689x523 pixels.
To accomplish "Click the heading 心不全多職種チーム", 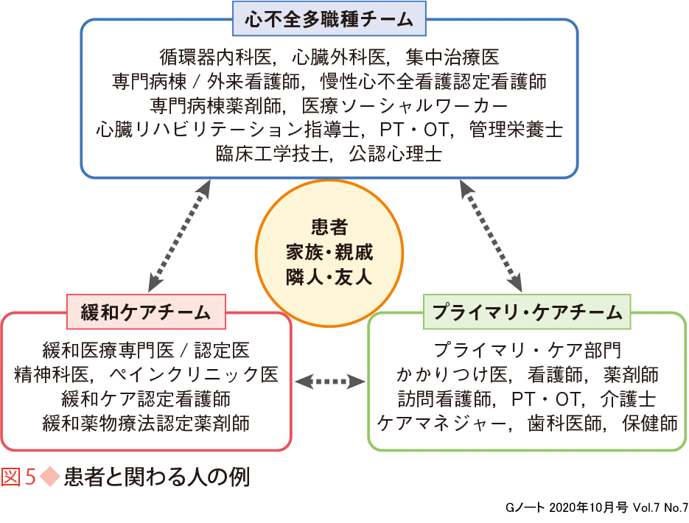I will click(x=328, y=19).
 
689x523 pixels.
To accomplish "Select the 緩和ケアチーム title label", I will click(x=146, y=312).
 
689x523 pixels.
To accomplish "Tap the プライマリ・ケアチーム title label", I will click(x=528, y=312).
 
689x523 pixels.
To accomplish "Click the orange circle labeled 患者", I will click(x=329, y=253).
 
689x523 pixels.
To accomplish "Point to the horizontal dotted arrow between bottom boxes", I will click(x=329, y=382).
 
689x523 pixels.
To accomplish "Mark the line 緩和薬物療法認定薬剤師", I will click(x=146, y=423).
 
